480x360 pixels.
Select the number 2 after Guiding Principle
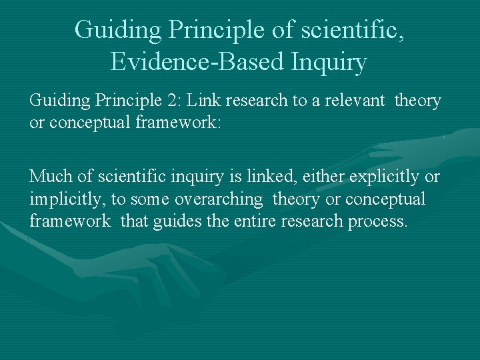(175, 101)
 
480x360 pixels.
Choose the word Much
(49, 177)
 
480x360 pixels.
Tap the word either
(323, 177)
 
